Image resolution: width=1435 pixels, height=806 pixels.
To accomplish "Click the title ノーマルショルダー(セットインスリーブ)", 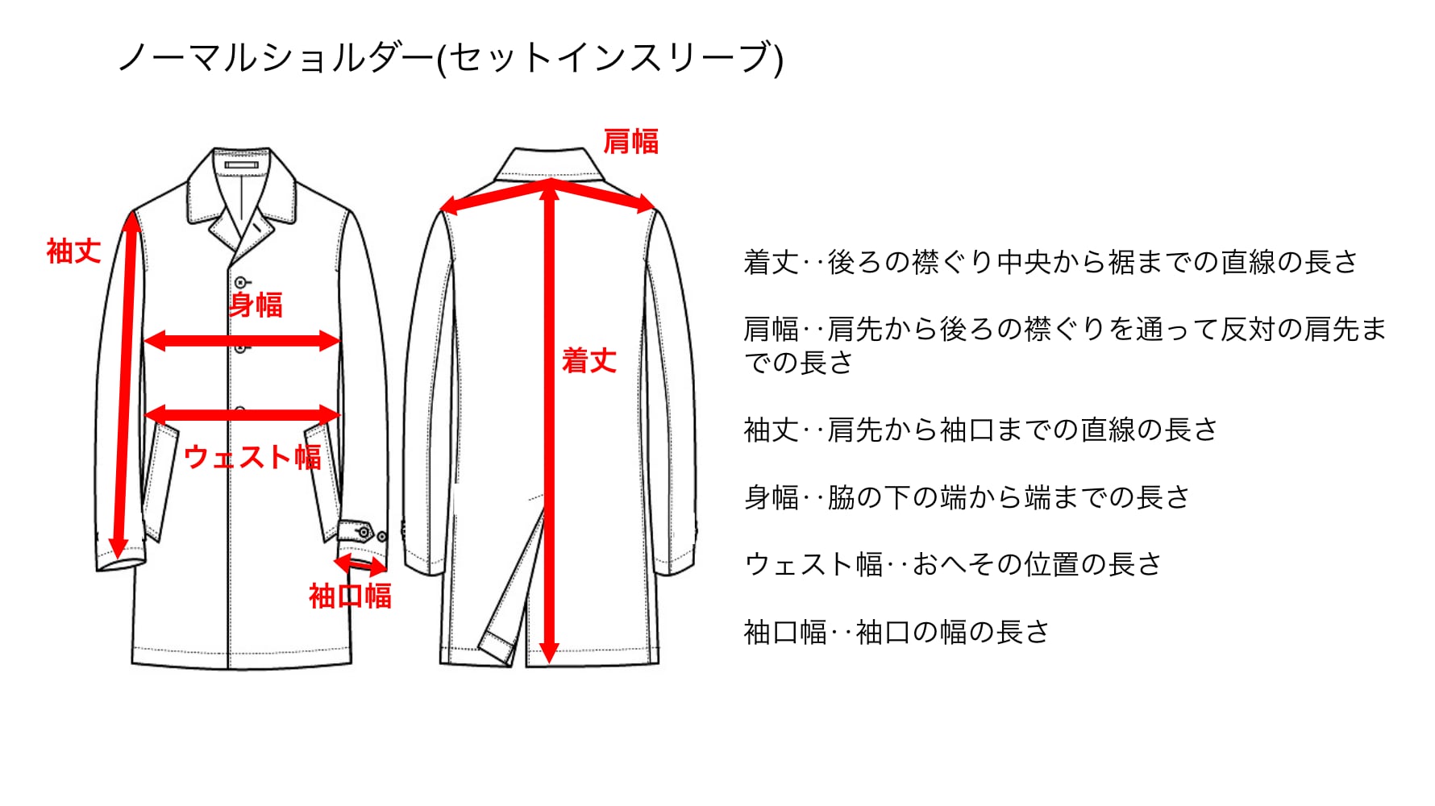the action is click(450, 58).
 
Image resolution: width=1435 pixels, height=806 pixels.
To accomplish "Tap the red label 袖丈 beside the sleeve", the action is click(73, 251).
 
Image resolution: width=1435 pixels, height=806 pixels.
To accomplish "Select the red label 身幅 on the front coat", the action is click(256, 305).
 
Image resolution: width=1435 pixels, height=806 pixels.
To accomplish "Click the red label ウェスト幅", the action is click(252, 457).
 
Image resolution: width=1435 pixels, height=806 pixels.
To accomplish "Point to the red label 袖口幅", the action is click(350, 596).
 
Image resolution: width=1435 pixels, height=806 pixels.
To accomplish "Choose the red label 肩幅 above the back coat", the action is click(631, 141).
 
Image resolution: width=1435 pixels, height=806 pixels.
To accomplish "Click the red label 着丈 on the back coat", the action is click(589, 360).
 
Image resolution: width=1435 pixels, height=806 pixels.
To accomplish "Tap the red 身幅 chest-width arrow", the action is click(242, 341).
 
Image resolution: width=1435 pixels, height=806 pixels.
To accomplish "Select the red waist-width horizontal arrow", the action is click(242, 415).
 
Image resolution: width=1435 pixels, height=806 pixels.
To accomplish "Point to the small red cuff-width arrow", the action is click(360, 563).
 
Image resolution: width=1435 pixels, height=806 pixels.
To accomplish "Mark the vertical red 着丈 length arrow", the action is click(550, 419).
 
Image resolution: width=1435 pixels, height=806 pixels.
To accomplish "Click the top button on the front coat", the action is click(240, 282).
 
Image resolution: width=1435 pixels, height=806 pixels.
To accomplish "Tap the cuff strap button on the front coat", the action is click(364, 533).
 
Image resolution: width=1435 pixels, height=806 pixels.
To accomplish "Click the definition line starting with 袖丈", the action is click(980, 430).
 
